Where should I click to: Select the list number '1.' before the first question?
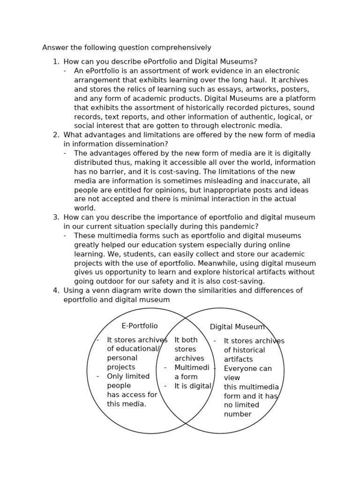pyautogui.click(x=56, y=62)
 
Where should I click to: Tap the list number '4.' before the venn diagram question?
pyautogui.click(x=56, y=291)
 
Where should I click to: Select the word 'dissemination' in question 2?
pyautogui.click(x=144, y=144)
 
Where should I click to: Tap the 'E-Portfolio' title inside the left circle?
pyautogui.click(x=140, y=326)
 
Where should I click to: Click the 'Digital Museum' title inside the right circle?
pyautogui.click(x=237, y=327)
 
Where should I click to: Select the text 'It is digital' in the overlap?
pyautogui.click(x=193, y=386)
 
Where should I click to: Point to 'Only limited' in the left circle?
pyautogui.click(x=128, y=376)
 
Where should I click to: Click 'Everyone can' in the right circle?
pyautogui.click(x=247, y=369)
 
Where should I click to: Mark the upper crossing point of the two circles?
pyautogui.click(x=186, y=318)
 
